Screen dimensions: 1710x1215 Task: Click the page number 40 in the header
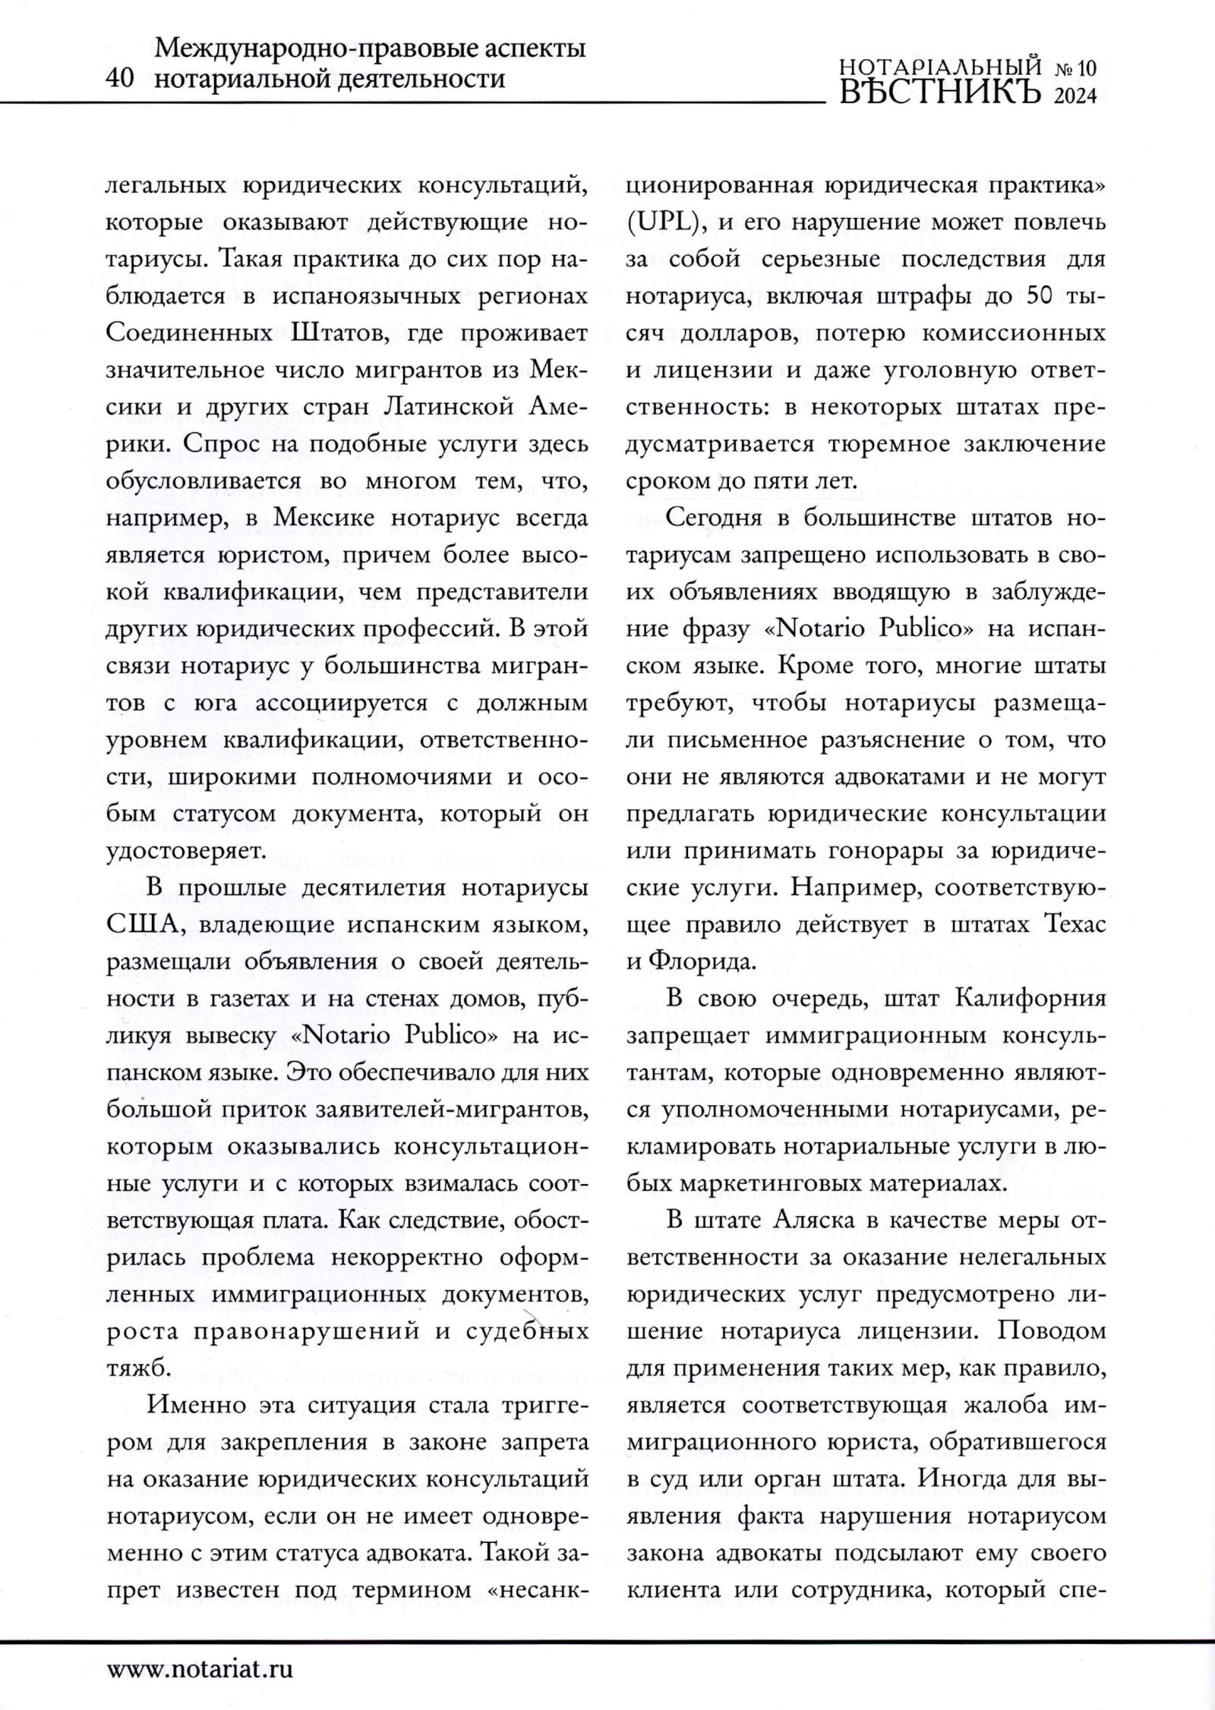[121, 78]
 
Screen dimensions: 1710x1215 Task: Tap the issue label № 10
[1076, 69]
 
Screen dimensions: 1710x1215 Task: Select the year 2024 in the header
[1076, 97]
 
